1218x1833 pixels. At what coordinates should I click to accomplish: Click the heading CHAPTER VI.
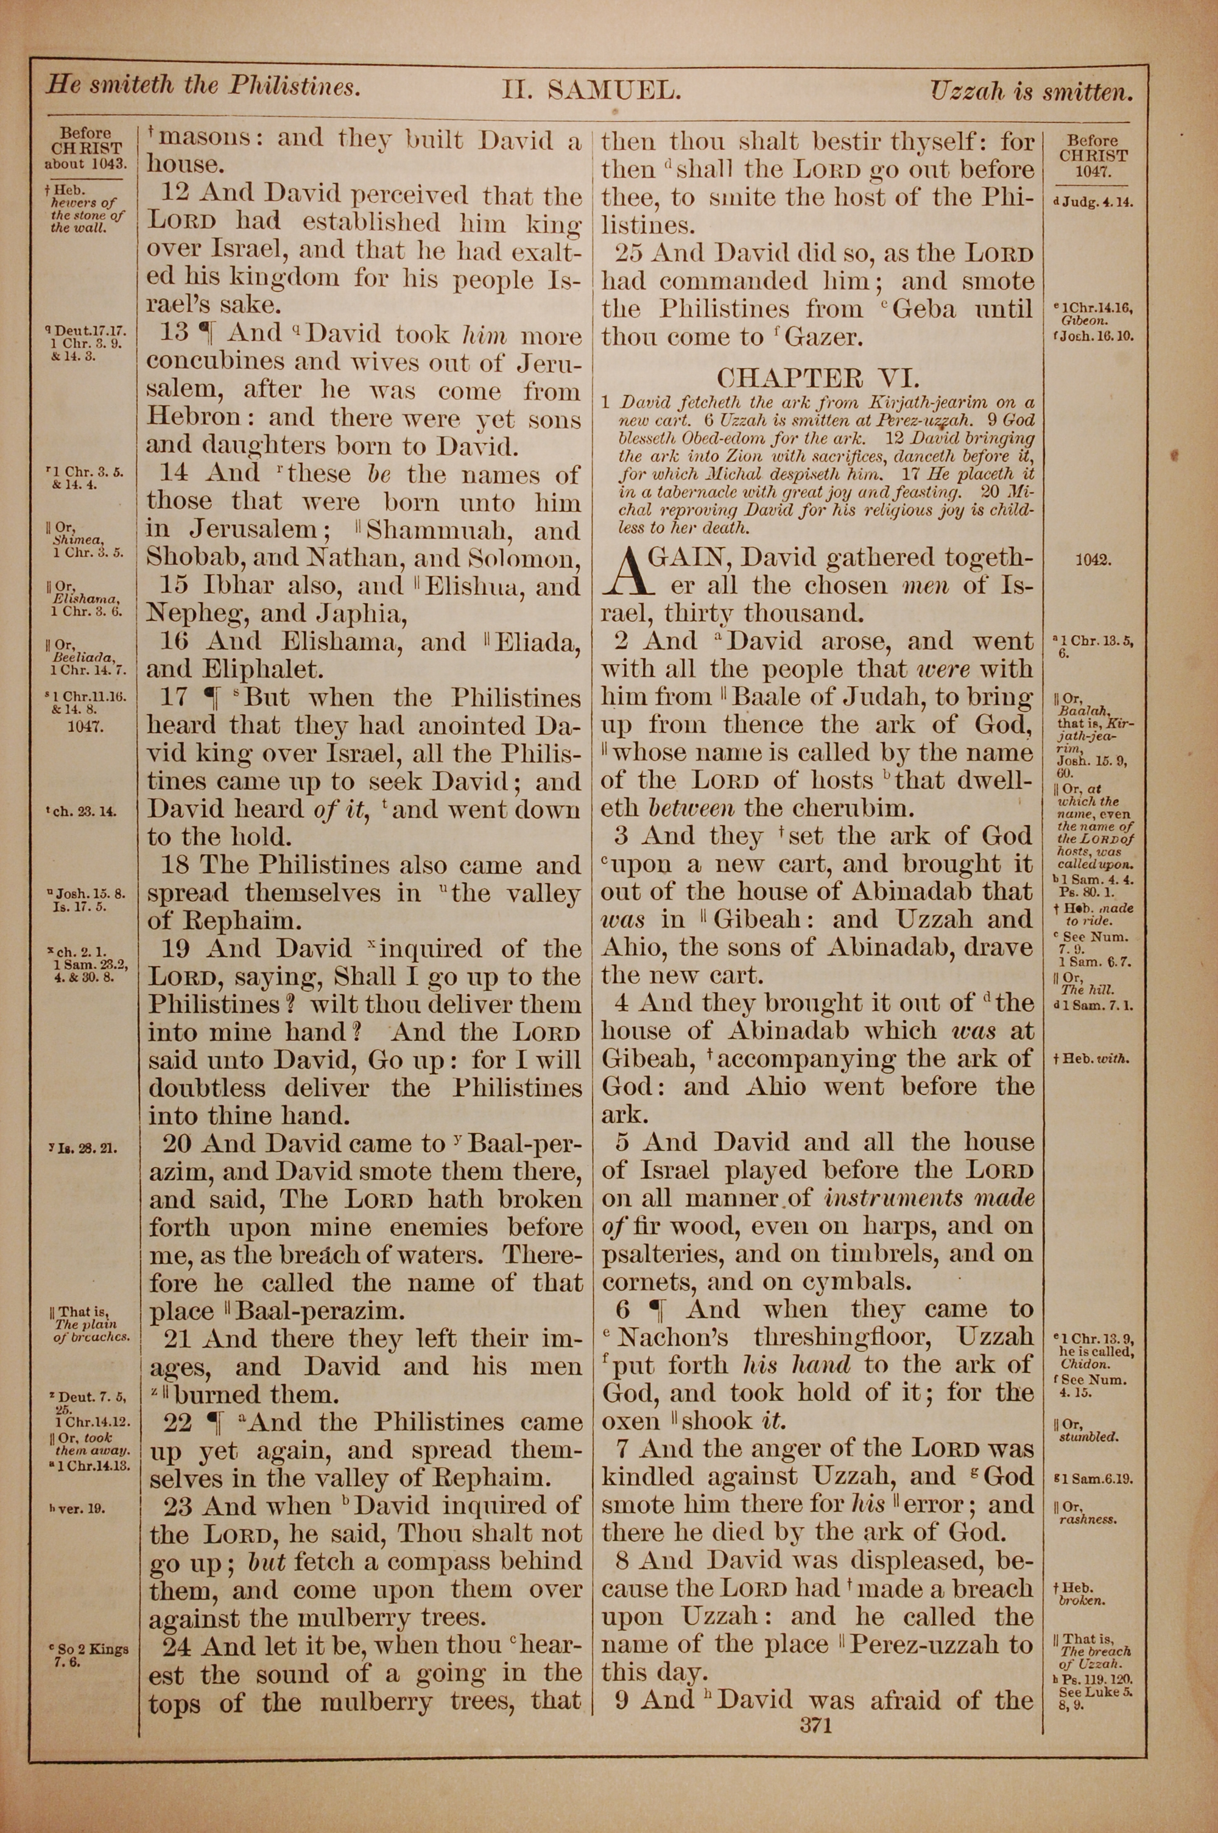click(x=818, y=378)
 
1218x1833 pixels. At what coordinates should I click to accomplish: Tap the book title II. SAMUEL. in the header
click(x=592, y=91)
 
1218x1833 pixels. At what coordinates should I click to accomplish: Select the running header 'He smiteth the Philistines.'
click(x=203, y=85)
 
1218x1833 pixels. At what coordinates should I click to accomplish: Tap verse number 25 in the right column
click(x=632, y=254)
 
